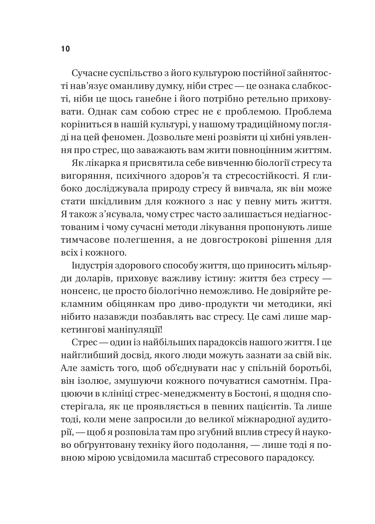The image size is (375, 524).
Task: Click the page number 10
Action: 65,49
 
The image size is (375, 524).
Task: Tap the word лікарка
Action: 103,163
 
